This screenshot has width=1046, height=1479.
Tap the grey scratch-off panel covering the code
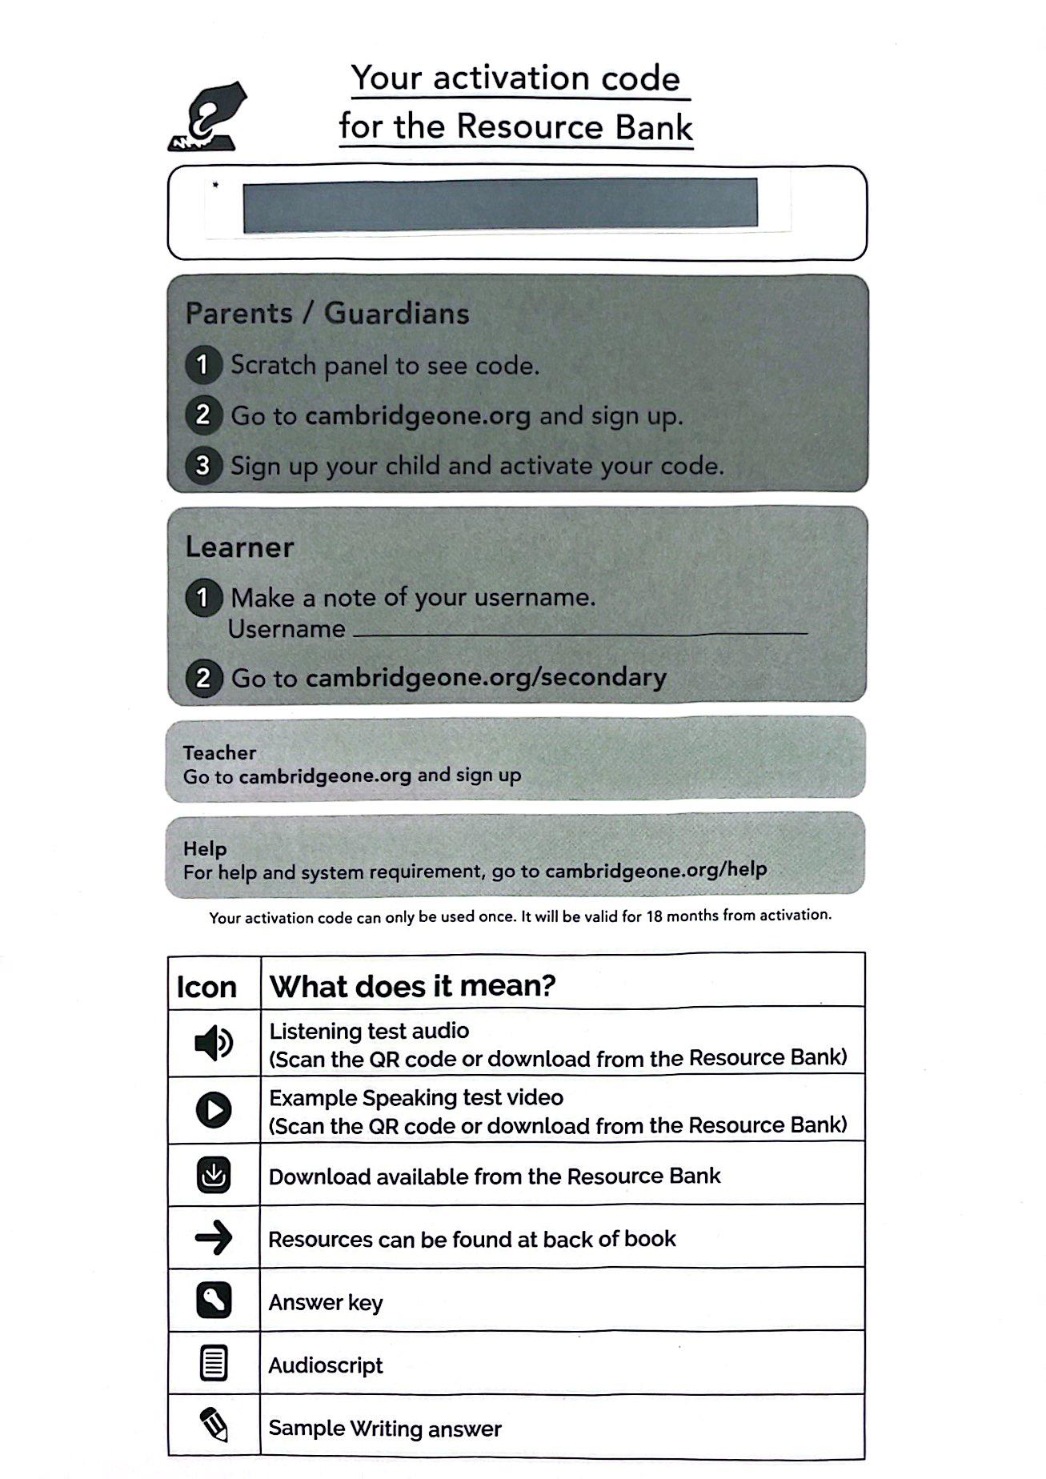pos(500,206)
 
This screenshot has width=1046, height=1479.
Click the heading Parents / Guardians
pos(327,313)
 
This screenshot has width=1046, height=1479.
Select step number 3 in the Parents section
pos(203,465)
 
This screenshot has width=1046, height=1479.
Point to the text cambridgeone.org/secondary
pos(486,678)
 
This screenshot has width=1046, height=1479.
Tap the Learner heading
pos(239,547)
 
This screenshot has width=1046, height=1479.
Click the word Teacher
pos(219,752)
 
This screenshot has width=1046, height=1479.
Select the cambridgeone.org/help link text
pos(655,870)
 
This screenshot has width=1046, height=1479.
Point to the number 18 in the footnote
pos(654,916)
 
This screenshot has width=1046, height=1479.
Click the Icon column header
pos(206,987)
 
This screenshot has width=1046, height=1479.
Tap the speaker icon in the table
pos(214,1043)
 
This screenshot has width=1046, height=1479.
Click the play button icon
pos(214,1110)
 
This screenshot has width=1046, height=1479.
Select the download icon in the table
pos(214,1175)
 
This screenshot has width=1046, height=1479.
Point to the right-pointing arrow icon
pos(214,1238)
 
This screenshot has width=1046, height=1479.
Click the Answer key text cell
pos(326,1302)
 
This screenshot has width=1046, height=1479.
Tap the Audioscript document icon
pos(214,1364)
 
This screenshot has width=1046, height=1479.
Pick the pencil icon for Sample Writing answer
pos(214,1425)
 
